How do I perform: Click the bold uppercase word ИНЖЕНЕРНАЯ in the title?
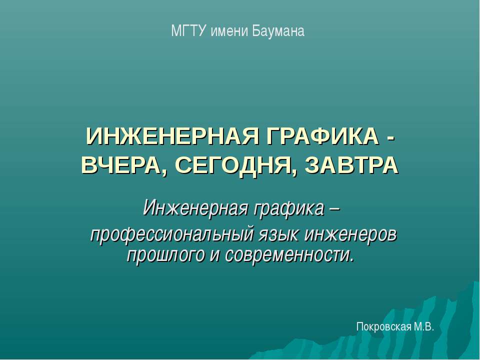169,136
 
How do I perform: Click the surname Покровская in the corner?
382,327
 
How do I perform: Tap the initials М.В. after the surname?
423,327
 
